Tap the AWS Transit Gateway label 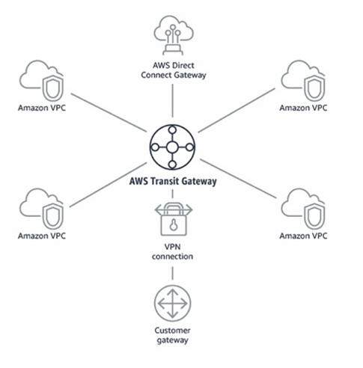click(173, 181)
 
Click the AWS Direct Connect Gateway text click(174, 70)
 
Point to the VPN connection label click(172, 251)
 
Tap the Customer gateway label click(172, 335)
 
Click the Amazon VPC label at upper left click(42, 108)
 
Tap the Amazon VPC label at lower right click(303, 236)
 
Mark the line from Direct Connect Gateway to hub click(172, 100)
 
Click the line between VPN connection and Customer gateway click(172, 273)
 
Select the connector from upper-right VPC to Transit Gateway click(237, 110)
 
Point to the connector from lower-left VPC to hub click(108, 185)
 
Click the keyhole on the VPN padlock click(173, 225)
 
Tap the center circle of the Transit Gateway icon click(172, 147)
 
